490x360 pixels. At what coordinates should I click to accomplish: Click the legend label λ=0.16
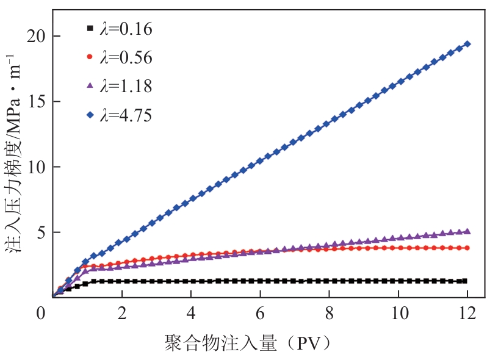click(126, 29)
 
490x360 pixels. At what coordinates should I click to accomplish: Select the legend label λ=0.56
click(126, 57)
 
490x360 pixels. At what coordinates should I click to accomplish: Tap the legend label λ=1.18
click(126, 86)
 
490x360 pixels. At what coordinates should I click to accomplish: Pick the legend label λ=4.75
click(126, 114)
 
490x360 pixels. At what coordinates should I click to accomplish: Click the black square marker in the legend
click(90, 29)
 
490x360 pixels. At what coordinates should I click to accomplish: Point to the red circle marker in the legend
click(90, 57)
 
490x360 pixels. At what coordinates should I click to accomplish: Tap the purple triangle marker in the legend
click(90, 85)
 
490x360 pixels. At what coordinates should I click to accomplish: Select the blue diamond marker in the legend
click(90, 113)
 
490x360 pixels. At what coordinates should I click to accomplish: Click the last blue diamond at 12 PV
click(467, 44)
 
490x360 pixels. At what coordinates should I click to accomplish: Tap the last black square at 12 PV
click(465, 281)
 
